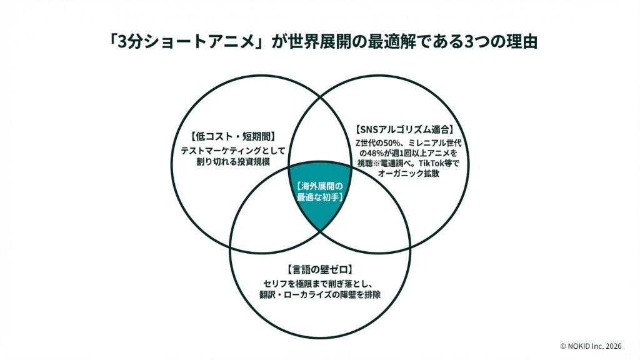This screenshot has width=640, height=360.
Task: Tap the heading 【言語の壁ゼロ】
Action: [320, 270]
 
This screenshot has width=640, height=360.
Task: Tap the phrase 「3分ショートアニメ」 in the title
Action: [177, 44]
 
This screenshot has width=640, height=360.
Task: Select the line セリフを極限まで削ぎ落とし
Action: [319, 284]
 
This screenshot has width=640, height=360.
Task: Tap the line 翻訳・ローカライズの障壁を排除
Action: [319, 295]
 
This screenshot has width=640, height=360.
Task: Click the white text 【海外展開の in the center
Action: [320, 186]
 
